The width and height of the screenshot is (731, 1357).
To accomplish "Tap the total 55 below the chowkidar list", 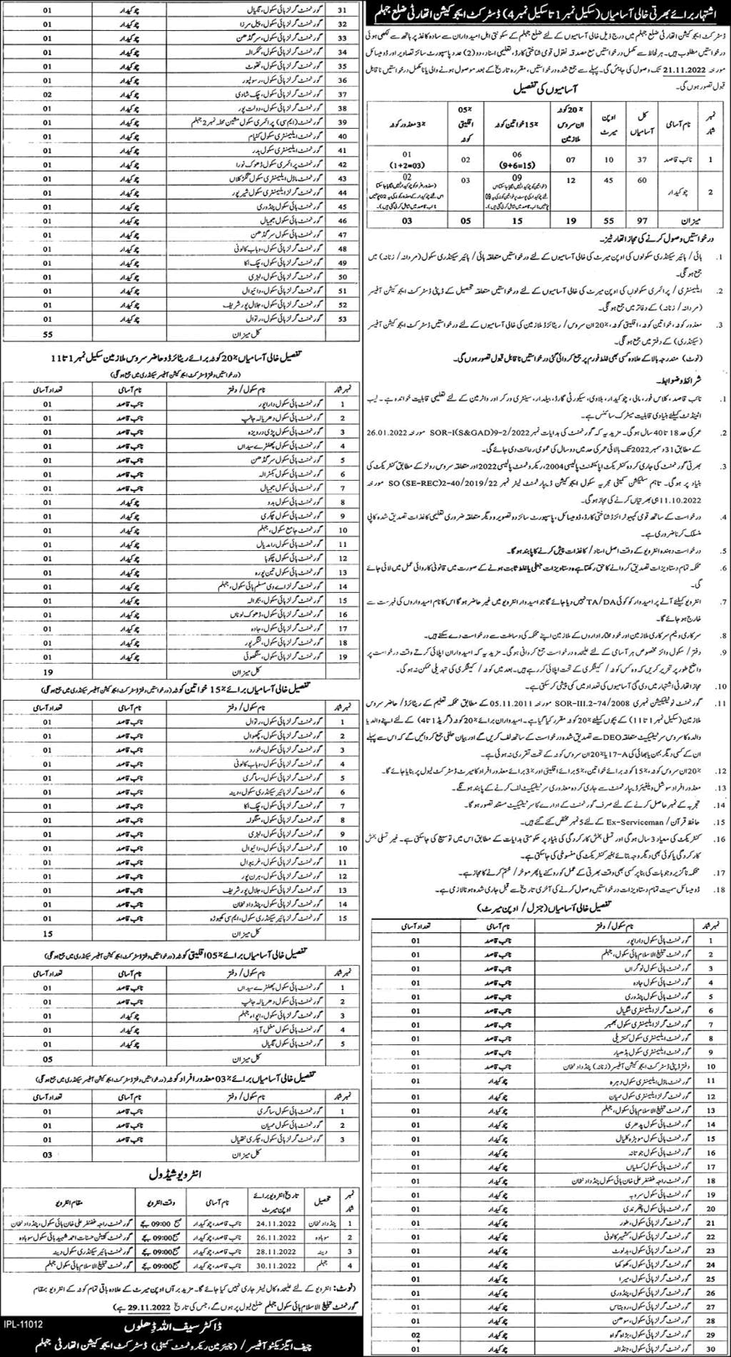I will (x=24, y=333).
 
